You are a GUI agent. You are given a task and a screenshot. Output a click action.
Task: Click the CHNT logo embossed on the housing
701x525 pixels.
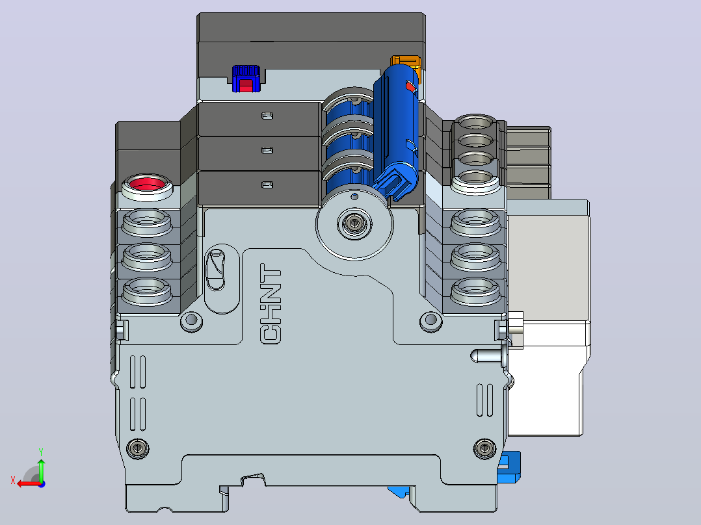coord(271,304)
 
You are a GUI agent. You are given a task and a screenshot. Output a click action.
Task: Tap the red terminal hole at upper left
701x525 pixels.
coord(147,184)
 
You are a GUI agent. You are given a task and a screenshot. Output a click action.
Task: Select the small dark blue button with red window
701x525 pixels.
coord(246,79)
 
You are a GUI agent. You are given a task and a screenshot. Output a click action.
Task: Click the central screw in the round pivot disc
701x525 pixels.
coord(354,222)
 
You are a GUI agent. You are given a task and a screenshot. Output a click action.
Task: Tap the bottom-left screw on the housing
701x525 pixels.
coord(138,448)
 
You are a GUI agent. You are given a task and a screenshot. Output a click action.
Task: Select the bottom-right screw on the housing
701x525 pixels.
coord(484,448)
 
